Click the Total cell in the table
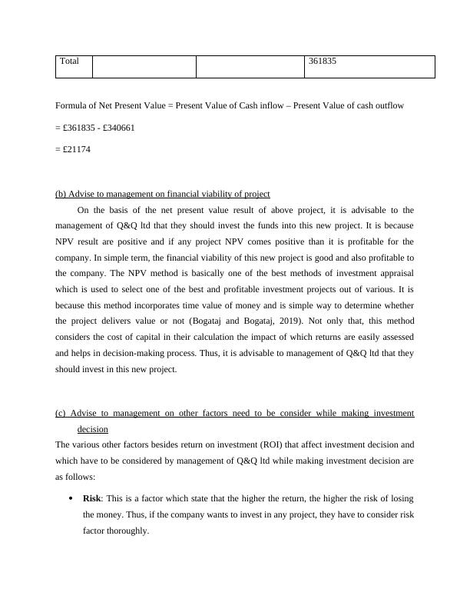tap(70, 62)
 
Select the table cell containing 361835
tap(322, 62)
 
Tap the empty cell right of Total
tap(144, 67)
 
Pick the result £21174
tap(77, 149)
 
